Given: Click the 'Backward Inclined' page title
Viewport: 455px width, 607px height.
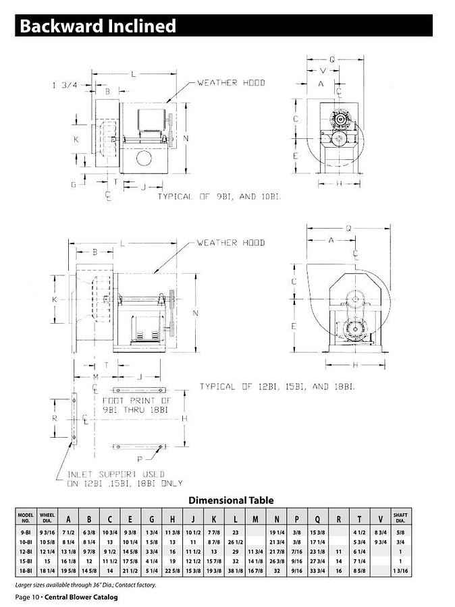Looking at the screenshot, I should click(x=98, y=26).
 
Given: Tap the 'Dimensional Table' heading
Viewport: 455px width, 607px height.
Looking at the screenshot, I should click(x=231, y=500).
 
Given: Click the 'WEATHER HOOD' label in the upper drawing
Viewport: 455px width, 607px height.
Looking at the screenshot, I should click(x=230, y=83).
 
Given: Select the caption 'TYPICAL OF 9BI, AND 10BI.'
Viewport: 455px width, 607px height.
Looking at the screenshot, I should click(x=219, y=196).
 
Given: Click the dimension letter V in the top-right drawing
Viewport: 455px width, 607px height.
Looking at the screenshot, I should click(x=323, y=71).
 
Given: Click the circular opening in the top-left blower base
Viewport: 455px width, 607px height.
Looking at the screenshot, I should click(x=143, y=158).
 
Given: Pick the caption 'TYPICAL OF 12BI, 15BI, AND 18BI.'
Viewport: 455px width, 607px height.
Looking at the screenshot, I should click(x=277, y=386).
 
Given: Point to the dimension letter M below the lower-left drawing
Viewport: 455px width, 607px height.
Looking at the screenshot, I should click(x=95, y=376).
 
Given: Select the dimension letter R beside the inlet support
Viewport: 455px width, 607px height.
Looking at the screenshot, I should click(x=55, y=418).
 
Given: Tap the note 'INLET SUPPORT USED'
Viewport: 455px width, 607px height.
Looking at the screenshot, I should click(x=115, y=474).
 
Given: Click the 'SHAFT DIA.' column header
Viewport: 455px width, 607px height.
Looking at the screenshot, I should click(x=400, y=518).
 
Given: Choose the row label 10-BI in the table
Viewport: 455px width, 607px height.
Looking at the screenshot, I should click(x=26, y=542).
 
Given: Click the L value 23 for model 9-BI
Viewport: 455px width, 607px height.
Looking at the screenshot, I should click(x=236, y=532).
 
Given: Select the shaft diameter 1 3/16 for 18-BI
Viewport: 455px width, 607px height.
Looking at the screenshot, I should click(x=400, y=571).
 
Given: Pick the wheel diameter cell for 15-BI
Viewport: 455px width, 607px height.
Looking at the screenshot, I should click(x=47, y=561).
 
